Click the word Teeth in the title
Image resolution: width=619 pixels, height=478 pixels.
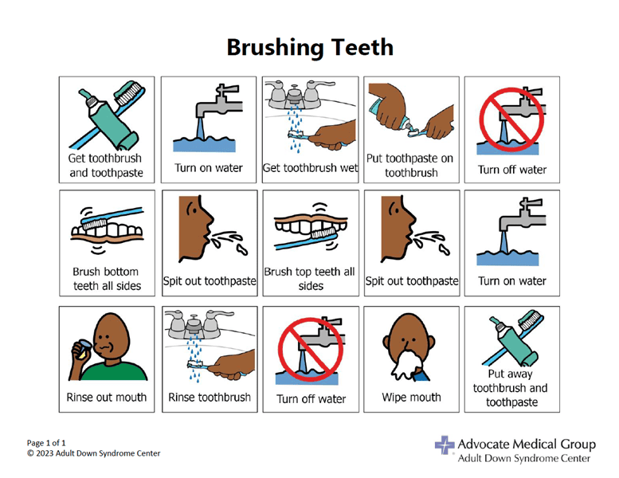pyautogui.click(x=362, y=47)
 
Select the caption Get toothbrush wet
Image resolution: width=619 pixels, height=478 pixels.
pyautogui.click(x=310, y=168)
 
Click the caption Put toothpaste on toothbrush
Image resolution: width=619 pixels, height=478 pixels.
pyautogui.click(x=410, y=166)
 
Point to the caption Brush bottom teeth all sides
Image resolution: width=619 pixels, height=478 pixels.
pyautogui.click(x=107, y=279)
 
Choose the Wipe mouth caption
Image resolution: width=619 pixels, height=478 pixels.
pyautogui.click(x=411, y=398)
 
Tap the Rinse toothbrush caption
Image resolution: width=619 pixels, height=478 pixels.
pyautogui.click(x=210, y=397)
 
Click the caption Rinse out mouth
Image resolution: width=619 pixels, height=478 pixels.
pyautogui.click(x=107, y=397)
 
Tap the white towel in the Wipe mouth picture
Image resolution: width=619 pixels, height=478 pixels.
pyautogui.click(x=403, y=366)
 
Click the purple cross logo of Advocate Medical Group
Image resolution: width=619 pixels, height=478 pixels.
pyautogui.click(x=445, y=445)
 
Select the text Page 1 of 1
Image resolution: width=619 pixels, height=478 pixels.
pyautogui.click(x=46, y=443)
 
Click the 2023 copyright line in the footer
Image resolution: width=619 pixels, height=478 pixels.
pyautogui.click(x=93, y=453)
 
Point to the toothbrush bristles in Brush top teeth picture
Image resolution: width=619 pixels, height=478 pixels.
pyautogui.click(x=323, y=233)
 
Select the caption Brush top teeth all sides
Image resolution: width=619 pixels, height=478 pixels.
pyautogui.click(x=310, y=279)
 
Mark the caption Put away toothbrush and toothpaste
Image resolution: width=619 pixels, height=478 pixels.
pyautogui.click(x=511, y=388)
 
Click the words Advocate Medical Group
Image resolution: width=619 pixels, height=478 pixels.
pyautogui.click(x=527, y=445)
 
